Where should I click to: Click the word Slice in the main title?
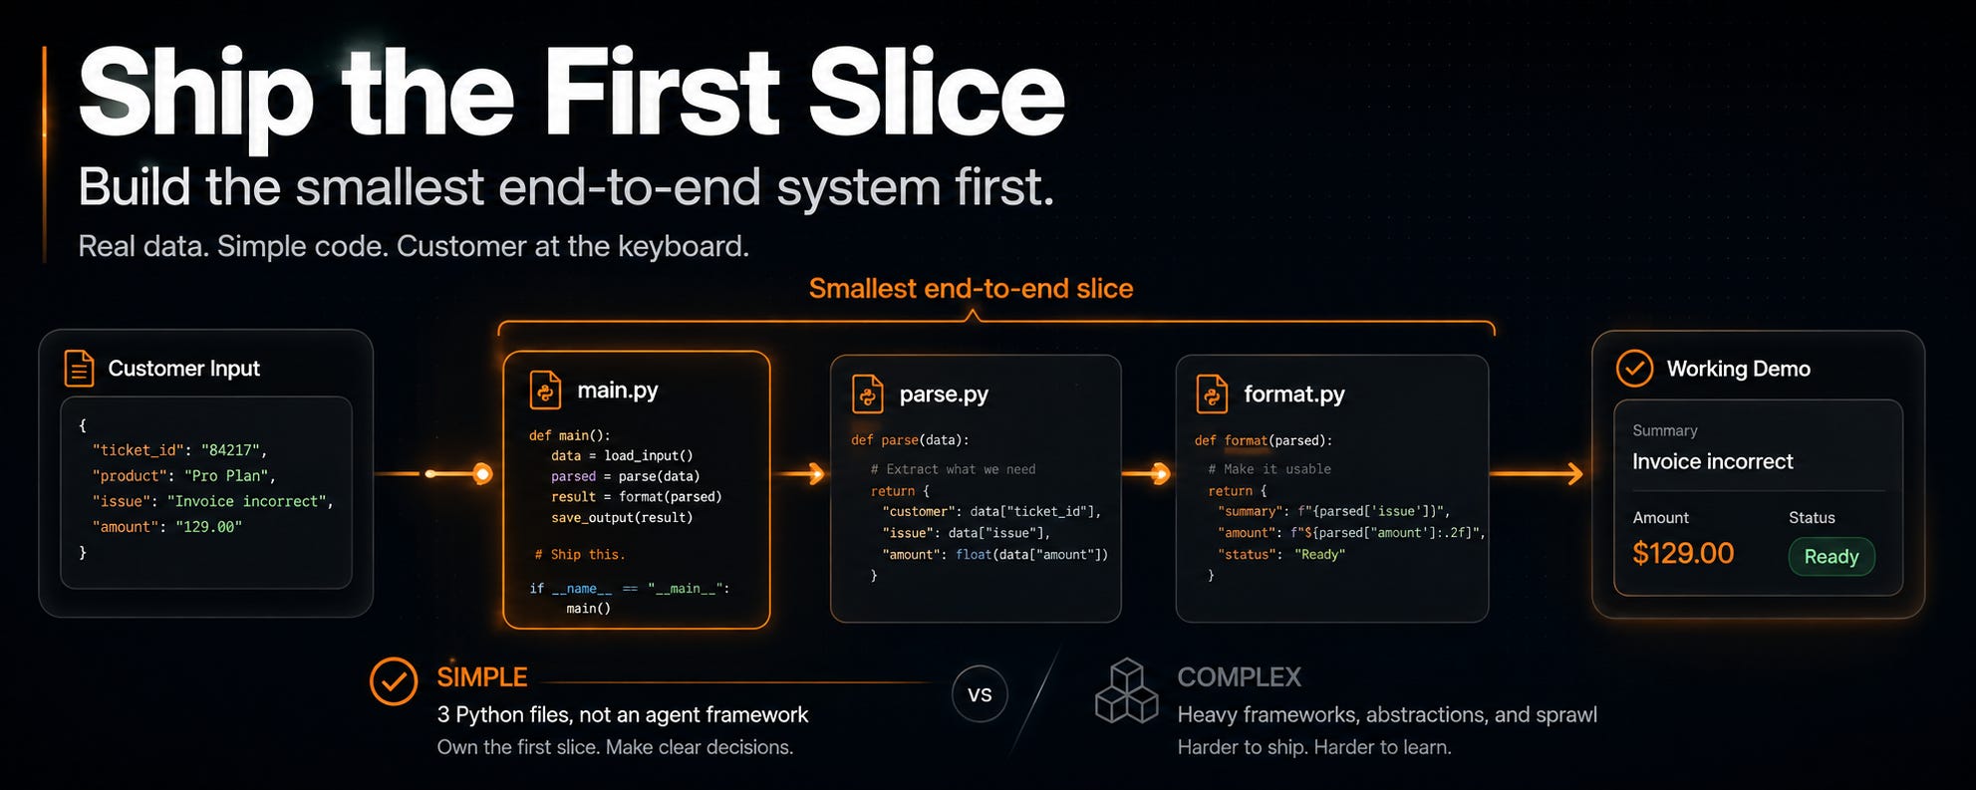coord(936,93)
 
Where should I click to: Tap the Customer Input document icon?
coord(79,369)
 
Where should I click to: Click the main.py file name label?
coord(618,390)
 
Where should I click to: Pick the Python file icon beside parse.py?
coord(867,394)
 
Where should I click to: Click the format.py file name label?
coord(1294,394)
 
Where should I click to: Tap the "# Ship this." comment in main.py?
coord(580,555)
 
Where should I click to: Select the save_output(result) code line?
coord(622,518)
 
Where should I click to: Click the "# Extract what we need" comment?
coord(953,469)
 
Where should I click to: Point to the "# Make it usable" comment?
coord(1270,469)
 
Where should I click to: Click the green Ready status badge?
coord(1832,557)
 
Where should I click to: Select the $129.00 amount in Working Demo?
coord(1683,553)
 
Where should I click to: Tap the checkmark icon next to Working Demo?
coord(1634,369)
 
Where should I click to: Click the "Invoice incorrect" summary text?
coord(1713,461)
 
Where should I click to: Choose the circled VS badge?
coord(980,694)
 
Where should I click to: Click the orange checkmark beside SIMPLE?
coord(394,681)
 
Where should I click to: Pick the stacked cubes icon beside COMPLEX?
coord(1126,690)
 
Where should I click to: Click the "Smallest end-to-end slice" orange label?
coord(971,288)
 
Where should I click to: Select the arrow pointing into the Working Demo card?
coord(1537,473)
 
